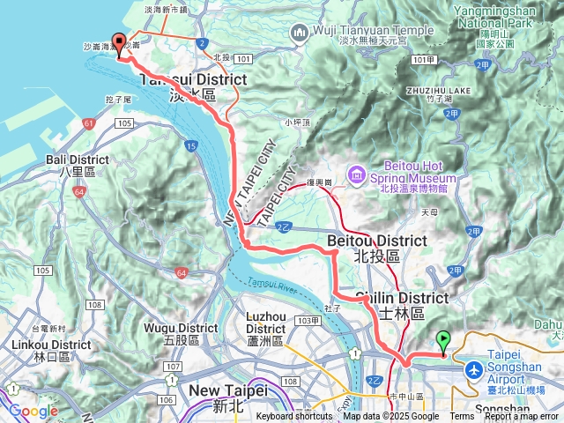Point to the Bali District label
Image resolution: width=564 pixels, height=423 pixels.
pyautogui.click(x=78, y=160)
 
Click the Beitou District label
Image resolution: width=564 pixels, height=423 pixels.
pyautogui.click(x=376, y=241)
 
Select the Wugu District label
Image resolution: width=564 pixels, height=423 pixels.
pyautogui.click(x=184, y=328)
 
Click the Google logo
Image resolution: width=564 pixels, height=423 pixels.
pyautogui.click(x=33, y=411)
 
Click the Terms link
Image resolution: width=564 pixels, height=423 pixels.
pyautogui.click(x=462, y=417)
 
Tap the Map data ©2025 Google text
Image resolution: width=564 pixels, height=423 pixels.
pyautogui.click(x=390, y=417)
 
